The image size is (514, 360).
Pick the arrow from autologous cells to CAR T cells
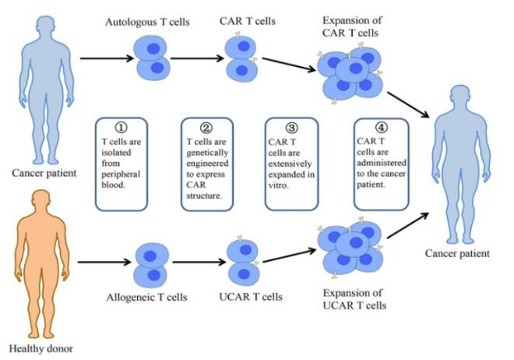tap(197, 57)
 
